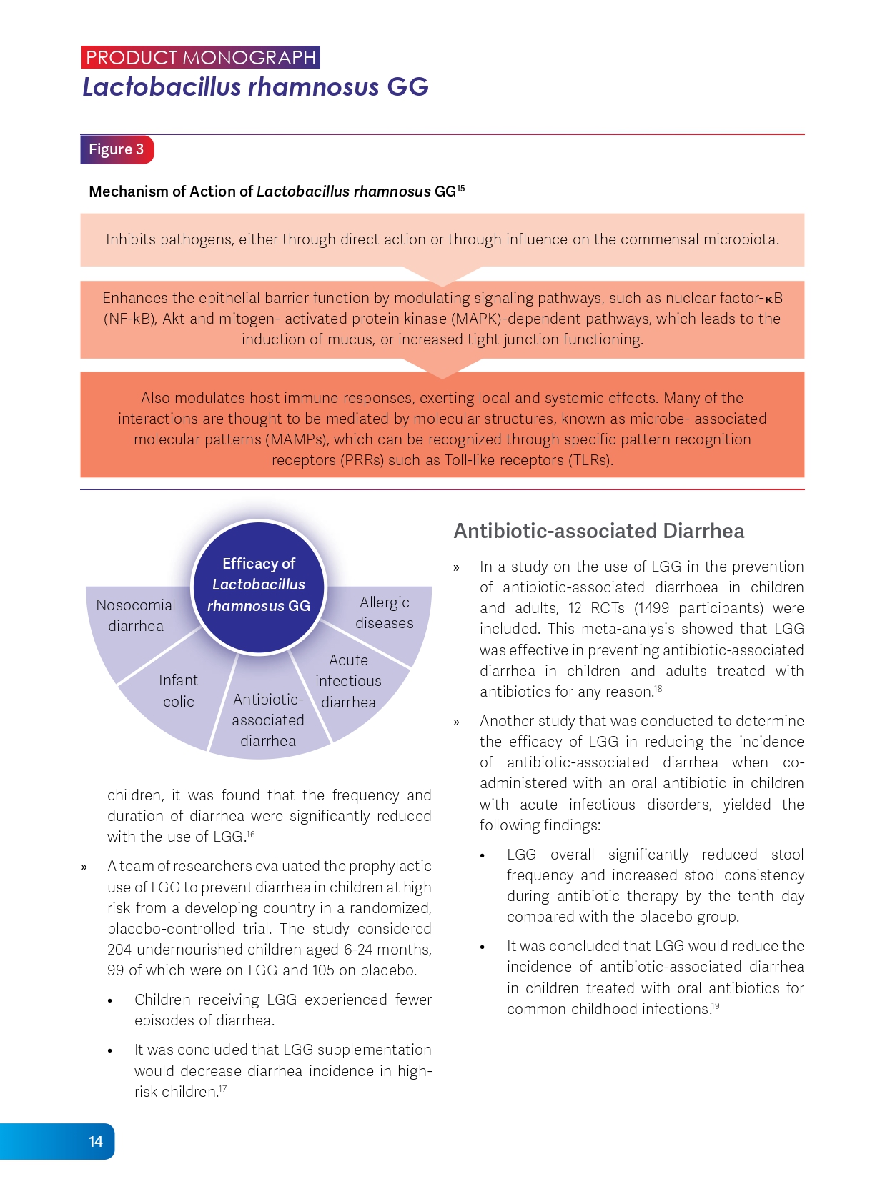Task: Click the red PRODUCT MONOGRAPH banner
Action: (201, 57)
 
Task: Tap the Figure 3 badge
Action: (117, 149)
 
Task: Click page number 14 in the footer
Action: (96, 1141)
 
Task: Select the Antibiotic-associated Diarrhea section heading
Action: (599, 531)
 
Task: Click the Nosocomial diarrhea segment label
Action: (136, 615)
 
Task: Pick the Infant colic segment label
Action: (179, 690)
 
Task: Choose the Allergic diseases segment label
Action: (385, 612)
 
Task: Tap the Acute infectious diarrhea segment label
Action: (348, 681)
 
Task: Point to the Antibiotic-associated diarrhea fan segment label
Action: (268, 720)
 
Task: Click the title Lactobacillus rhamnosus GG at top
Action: (255, 87)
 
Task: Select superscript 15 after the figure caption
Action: (461, 188)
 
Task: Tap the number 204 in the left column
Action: (119, 950)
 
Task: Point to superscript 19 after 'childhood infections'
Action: (715, 1005)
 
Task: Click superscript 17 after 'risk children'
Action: (223, 1088)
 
